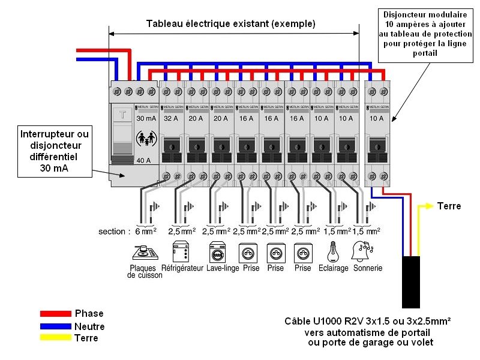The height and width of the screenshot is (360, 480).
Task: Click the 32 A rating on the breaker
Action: (171, 119)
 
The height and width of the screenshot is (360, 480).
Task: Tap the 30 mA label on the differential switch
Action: (146, 119)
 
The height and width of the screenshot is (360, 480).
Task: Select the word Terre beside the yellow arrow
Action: (449, 206)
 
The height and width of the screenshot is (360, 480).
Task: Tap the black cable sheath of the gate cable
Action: (411, 282)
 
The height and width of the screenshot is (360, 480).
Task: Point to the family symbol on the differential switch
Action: (146, 139)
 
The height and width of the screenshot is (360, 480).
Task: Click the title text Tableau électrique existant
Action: (231, 24)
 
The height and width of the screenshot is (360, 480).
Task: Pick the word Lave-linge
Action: (223, 269)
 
